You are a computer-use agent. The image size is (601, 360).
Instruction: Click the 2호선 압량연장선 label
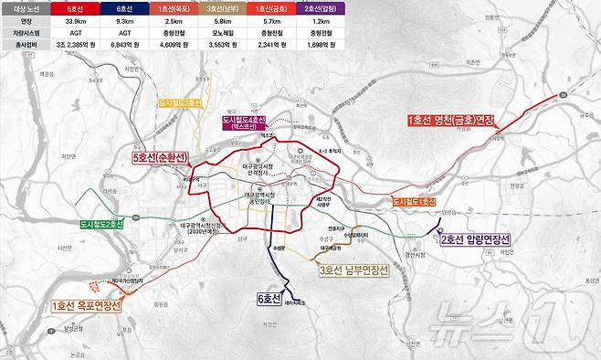click(476, 239)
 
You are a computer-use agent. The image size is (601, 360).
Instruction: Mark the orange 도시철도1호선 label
click(414, 201)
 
